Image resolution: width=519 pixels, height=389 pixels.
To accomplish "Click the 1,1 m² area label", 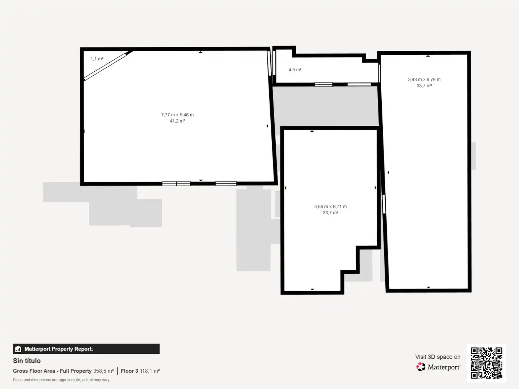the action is [97, 59].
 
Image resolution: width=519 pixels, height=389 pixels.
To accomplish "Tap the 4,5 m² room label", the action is [295, 70].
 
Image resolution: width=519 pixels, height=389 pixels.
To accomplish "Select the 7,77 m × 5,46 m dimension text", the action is [177, 115].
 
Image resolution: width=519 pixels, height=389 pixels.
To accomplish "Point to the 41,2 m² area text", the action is [177, 121].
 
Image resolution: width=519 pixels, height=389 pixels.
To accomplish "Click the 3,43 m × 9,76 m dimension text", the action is [424, 80].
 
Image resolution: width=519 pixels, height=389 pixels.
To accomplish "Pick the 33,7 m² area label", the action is [424, 86].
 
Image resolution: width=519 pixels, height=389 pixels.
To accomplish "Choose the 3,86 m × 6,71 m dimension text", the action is [330, 207].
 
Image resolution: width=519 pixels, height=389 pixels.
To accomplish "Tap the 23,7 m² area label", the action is [330, 213].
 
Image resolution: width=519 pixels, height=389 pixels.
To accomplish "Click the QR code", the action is [486, 363].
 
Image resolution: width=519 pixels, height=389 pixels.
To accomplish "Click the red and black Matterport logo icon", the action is [421, 367].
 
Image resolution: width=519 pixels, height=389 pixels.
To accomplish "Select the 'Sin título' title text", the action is [27, 361].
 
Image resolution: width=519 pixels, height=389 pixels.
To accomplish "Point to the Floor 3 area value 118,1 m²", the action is [150, 371].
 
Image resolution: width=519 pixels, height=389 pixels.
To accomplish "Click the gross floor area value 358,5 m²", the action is [103, 371].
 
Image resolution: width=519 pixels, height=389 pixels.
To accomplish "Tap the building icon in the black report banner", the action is [18, 349].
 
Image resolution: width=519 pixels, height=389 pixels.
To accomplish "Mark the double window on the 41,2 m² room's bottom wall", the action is [176, 184].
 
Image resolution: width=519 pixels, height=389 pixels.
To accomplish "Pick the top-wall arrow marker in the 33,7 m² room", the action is [428, 56].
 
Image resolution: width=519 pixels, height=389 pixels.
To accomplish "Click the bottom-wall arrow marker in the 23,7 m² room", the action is [312, 289].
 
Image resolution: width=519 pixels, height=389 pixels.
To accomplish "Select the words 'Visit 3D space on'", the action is [438, 357].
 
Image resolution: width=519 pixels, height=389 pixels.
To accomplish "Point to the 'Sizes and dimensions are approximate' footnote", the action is [61, 380].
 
